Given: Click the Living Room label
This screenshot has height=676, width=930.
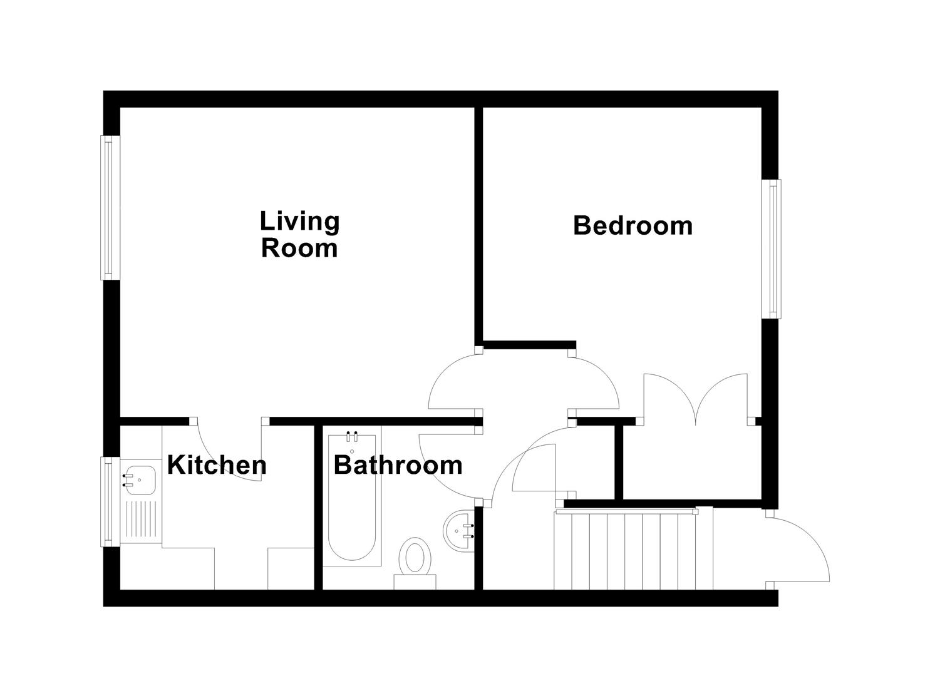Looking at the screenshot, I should point(299,235).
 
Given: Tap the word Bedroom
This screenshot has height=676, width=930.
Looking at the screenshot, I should point(633,225).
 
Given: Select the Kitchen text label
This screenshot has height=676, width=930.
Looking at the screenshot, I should point(216,465).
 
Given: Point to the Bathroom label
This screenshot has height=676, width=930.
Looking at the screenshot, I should point(398,465).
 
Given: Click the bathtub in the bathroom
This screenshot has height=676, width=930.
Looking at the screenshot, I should point(352,501).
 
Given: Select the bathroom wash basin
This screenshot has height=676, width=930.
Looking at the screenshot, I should point(461,531).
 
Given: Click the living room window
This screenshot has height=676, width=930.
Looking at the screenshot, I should point(110,207).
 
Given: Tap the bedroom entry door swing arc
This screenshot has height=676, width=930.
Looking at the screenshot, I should point(595,382).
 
